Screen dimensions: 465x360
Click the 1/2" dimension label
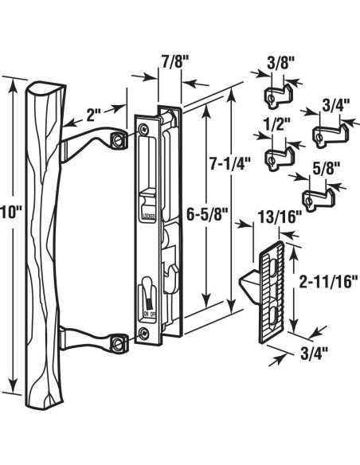278,123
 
